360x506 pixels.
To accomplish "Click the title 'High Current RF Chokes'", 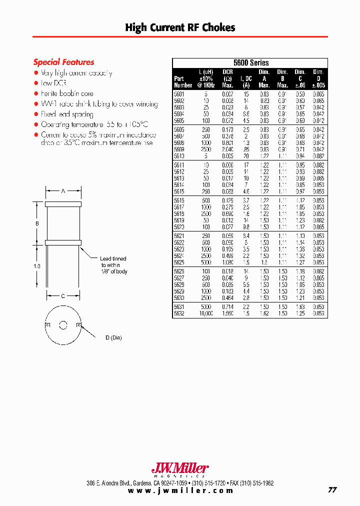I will click(x=180, y=27).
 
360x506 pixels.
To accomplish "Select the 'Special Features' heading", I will click(x=63, y=62).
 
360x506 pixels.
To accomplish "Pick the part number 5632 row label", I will click(x=179, y=313).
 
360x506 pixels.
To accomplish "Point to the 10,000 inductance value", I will click(x=205, y=313).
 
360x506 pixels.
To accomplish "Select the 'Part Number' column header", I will click(x=182, y=81).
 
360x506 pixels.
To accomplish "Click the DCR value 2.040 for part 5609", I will click(x=227, y=149).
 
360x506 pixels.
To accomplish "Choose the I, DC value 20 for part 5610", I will click(x=246, y=156).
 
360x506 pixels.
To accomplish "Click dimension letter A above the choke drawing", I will click(x=63, y=190).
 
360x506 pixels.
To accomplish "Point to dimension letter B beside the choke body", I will click(x=37, y=223).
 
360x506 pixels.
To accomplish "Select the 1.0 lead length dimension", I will click(x=37, y=266).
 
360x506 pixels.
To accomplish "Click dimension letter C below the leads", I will click(x=63, y=296).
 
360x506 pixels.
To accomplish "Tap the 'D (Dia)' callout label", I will click(x=114, y=338).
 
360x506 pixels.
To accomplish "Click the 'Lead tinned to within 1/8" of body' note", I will click(x=113, y=265).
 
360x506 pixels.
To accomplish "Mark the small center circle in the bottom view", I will click(x=63, y=325).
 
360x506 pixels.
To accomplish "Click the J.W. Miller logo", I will click(x=180, y=469).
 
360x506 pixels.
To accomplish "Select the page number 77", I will click(x=332, y=490).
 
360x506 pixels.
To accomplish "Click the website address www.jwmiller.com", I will click(x=180, y=490).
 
